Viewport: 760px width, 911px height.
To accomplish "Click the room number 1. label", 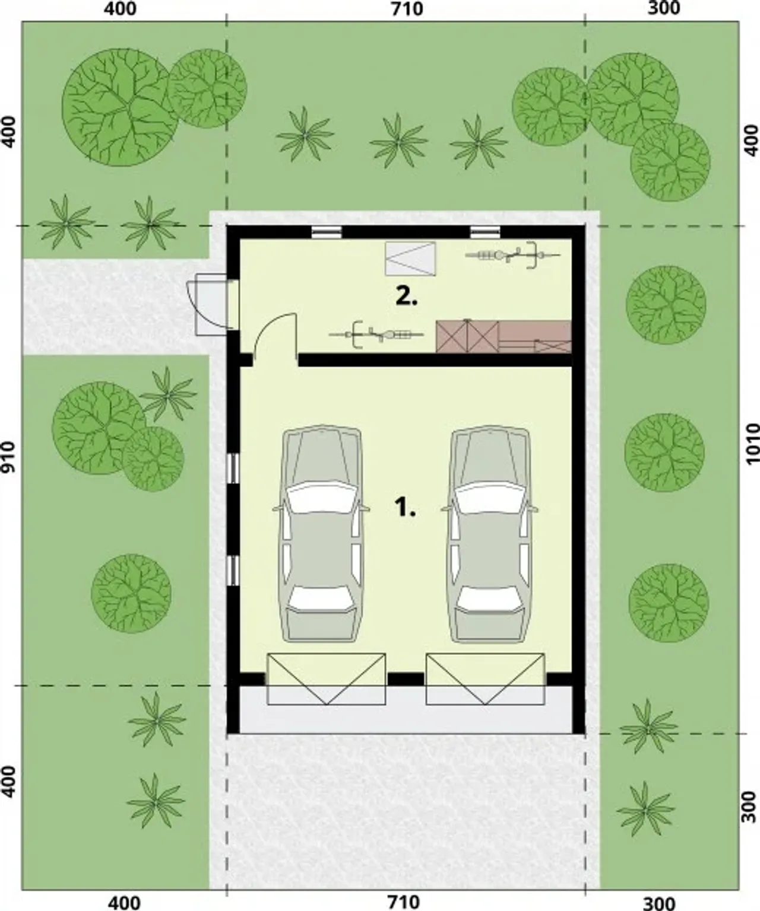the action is click(x=405, y=508).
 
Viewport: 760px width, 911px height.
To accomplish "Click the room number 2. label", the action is click(x=407, y=296).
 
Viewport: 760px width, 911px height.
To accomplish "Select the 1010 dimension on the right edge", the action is click(x=752, y=443).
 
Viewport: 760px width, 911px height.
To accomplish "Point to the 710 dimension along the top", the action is click(x=407, y=8).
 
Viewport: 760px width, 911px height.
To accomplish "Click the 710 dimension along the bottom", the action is click(x=404, y=902).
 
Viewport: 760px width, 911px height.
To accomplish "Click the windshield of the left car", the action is click(x=321, y=498).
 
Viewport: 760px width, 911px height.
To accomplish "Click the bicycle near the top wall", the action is click(x=513, y=255).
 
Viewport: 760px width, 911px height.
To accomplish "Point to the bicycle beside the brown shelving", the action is click(x=376, y=335).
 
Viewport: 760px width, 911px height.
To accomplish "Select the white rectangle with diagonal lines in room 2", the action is click(x=410, y=259).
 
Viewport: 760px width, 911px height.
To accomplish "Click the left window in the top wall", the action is click(x=327, y=232).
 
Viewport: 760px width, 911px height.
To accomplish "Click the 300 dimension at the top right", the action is click(x=663, y=8).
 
